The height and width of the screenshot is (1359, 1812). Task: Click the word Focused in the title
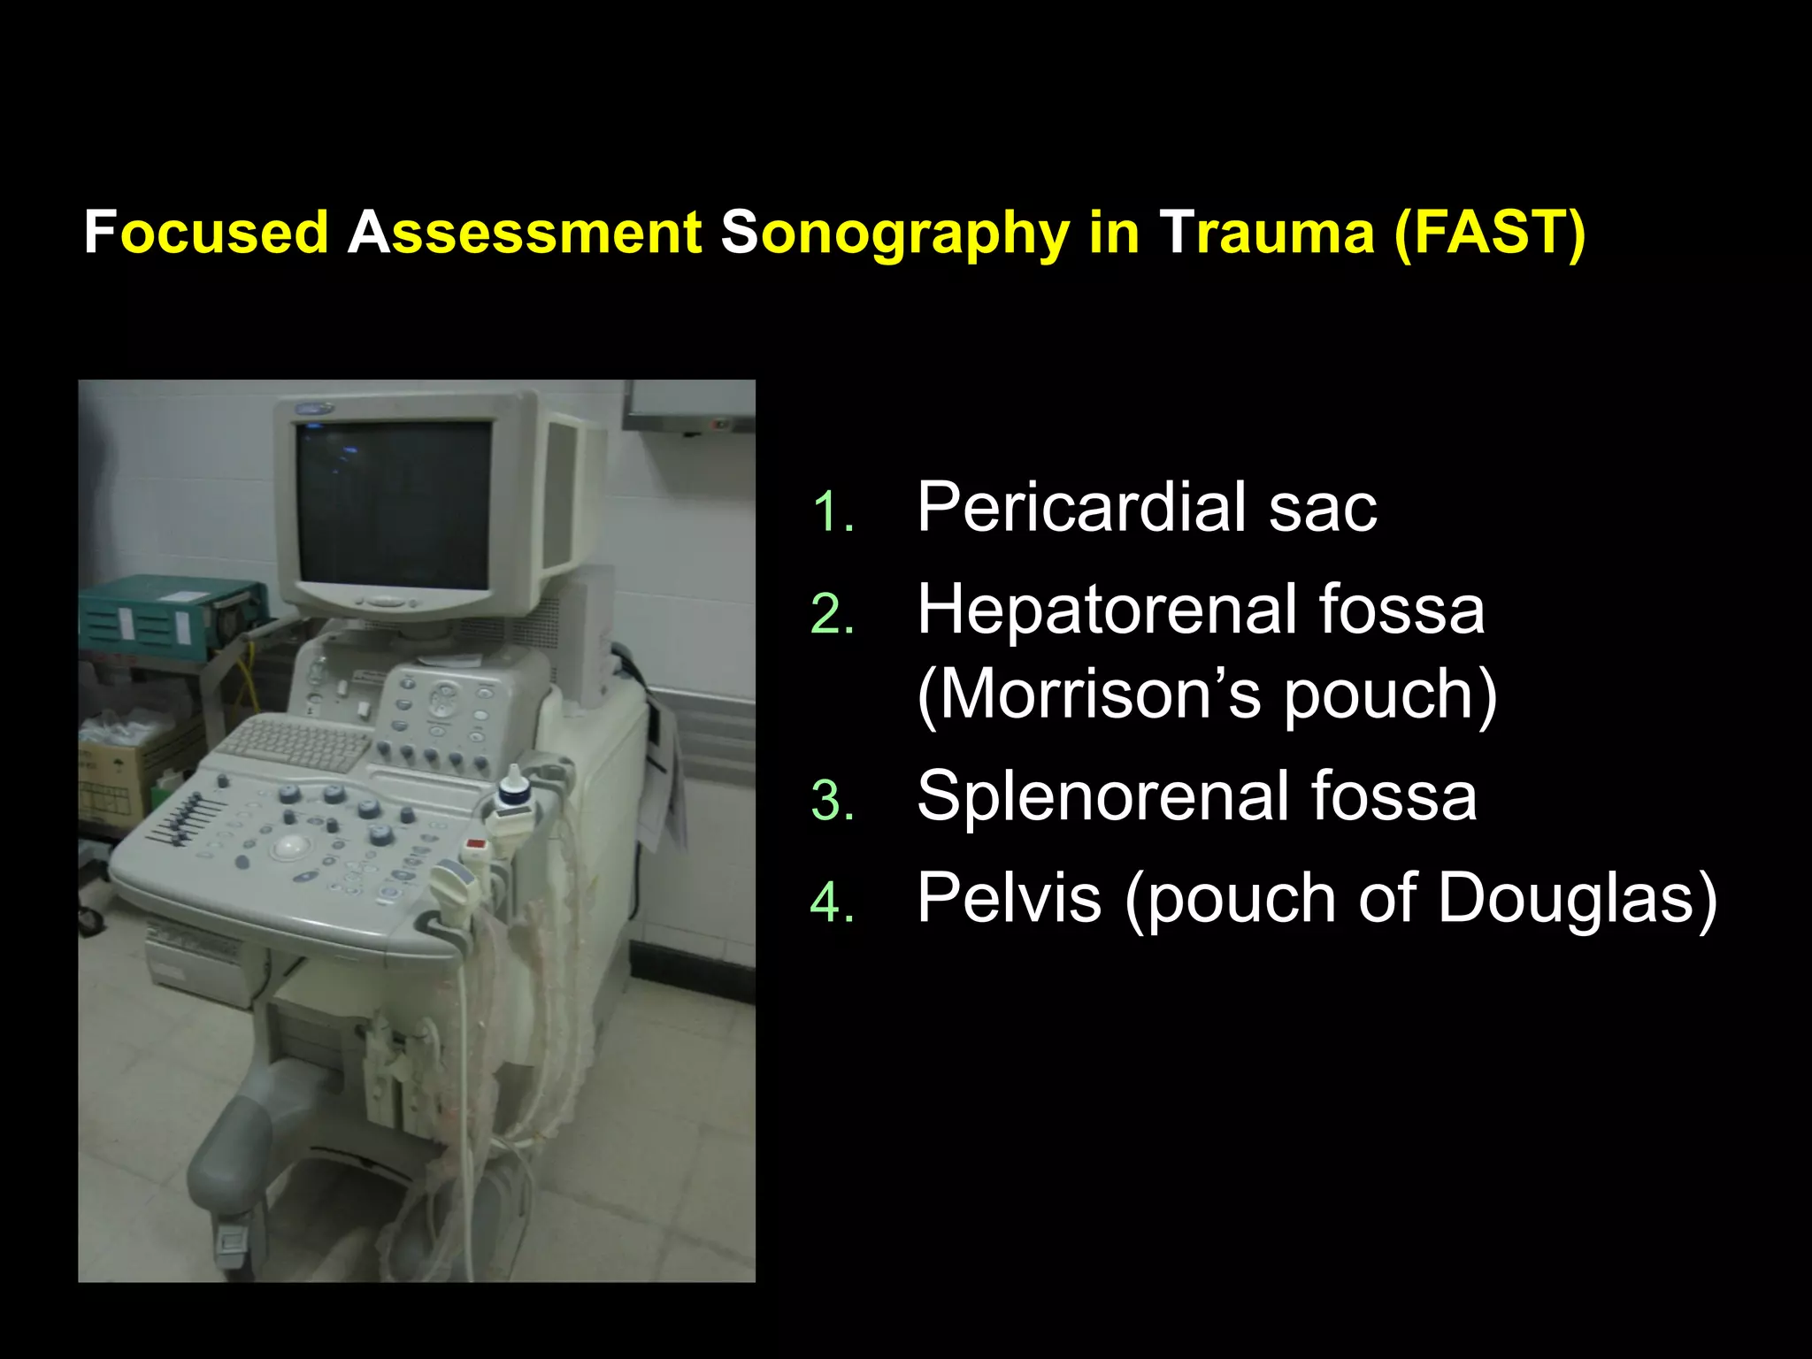(206, 233)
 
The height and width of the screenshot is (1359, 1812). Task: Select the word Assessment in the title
(525, 233)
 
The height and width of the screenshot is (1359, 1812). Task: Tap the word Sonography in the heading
(894, 234)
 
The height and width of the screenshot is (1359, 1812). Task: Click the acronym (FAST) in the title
(1489, 233)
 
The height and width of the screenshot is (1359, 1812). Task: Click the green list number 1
(833, 513)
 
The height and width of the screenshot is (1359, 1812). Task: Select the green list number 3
(833, 802)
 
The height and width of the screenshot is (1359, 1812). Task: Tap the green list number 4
(833, 904)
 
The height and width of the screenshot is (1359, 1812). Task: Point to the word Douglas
(1575, 899)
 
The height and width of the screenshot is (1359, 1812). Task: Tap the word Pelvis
(1009, 899)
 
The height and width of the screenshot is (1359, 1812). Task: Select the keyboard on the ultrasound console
(296, 743)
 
